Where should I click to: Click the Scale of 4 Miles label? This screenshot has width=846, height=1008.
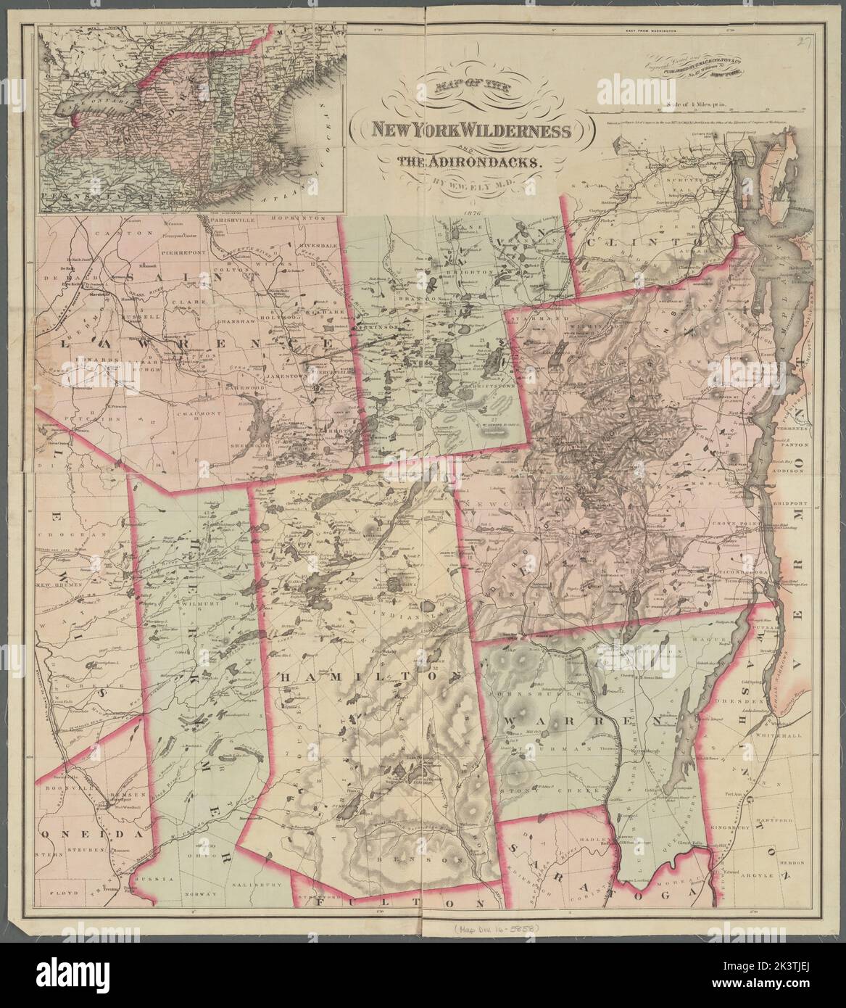[x=689, y=106]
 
